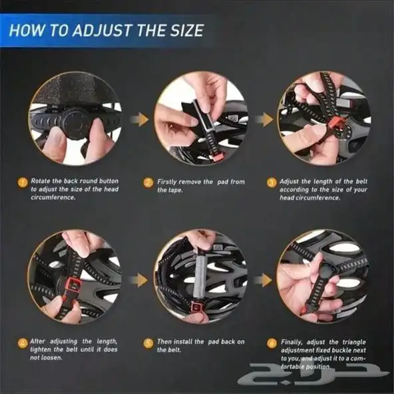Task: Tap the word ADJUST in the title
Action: click(103, 31)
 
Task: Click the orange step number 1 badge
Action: click(23, 182)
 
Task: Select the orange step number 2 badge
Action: click(148, 182)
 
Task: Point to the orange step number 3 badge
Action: click(272, 182)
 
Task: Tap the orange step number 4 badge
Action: click(23, 343)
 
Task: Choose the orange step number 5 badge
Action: click(148, 343)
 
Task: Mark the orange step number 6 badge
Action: click(272, 343)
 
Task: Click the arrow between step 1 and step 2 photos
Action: click(140, 119)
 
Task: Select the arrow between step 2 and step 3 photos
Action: click(264, 119)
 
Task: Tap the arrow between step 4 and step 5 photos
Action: click(138, 280)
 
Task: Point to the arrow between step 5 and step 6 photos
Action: click(263, 280)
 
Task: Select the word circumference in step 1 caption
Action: click(53, 198)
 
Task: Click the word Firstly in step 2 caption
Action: click(167, 182)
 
